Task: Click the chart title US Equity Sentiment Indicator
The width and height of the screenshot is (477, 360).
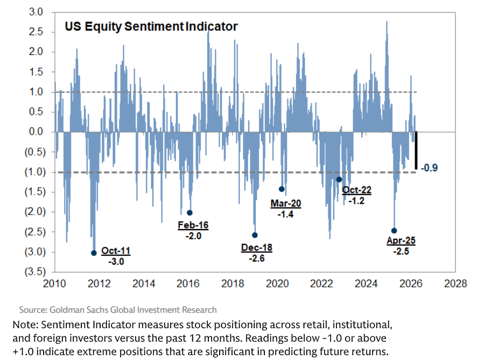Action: coord(151,26)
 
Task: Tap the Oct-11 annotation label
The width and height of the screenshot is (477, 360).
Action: coord(116,251)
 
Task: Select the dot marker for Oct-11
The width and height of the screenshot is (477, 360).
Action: coord(94,253)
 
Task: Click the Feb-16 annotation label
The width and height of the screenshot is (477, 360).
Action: coord(193,225)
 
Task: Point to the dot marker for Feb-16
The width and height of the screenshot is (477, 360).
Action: coord(190,212)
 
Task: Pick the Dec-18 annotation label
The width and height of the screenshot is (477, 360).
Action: coord(257,248)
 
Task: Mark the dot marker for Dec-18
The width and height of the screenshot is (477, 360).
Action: coord(255,235)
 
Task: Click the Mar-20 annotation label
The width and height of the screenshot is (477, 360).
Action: coord(286,204)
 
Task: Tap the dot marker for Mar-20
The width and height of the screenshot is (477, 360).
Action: coord(282,189)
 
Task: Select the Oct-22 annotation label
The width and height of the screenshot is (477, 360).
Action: coord(356,190)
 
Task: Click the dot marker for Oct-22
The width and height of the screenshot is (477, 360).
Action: coord(339,179)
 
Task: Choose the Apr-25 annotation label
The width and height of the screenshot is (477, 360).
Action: coord(401,241)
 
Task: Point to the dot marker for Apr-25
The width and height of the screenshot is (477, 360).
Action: coord(394,231)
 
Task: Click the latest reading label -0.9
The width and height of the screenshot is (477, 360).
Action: coord(429,168)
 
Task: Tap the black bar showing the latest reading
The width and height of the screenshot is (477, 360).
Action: coord(416,150)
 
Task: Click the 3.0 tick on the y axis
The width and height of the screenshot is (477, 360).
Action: coord(44,12)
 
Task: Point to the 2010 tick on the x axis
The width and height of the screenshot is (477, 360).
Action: coord(55,283)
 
